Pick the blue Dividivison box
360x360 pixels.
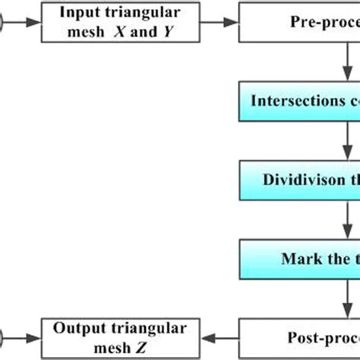(301, 179)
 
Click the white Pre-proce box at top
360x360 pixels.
(301, 22)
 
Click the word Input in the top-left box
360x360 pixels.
(78, 14)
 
